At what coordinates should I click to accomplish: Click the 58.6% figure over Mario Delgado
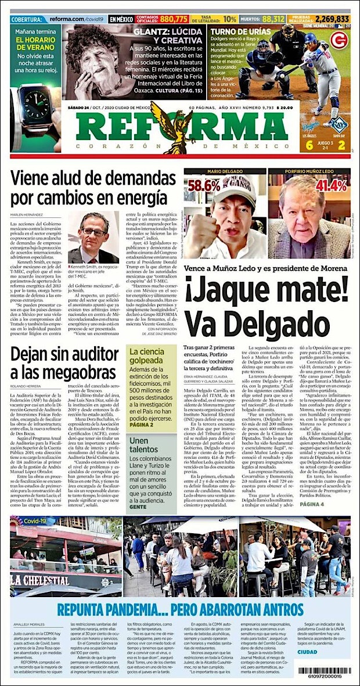click(204, 186)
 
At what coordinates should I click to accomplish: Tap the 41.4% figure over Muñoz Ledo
click(330, 185)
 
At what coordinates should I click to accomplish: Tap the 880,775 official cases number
click(174, 19)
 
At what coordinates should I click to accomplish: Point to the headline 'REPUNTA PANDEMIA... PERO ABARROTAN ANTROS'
click(180, 609)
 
